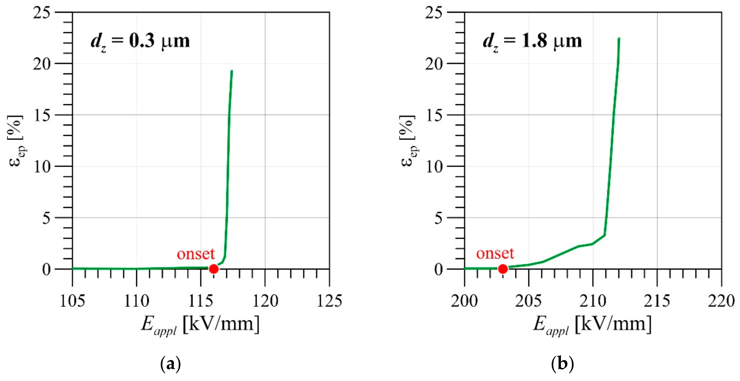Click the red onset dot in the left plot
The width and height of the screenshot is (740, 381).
pos(213,269)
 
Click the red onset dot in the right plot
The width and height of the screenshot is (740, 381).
pos(503,269)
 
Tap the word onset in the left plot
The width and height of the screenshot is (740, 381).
pos(196,254)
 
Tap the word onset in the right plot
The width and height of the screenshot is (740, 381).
pos(495,253)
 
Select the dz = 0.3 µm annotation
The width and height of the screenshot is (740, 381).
pos(140,42)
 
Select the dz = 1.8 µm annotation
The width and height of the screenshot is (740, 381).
pos(532,42)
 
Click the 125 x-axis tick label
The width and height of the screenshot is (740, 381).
pos(329,301)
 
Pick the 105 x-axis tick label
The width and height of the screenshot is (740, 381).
pos(72,301)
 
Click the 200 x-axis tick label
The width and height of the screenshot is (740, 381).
pos(464,301)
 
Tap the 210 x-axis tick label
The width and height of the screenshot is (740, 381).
pos(593,301)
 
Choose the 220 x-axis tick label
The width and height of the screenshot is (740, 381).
pos(721,301)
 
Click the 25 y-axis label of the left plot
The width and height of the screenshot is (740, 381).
pos(42,13)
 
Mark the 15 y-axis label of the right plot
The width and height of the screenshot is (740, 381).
pos(434,115)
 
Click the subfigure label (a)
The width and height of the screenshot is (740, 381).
pos(170,364)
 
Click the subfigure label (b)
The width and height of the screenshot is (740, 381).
pos(563,364)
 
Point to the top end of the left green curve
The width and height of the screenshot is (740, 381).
pos(232,71)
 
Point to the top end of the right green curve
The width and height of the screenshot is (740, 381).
pos(619,38)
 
